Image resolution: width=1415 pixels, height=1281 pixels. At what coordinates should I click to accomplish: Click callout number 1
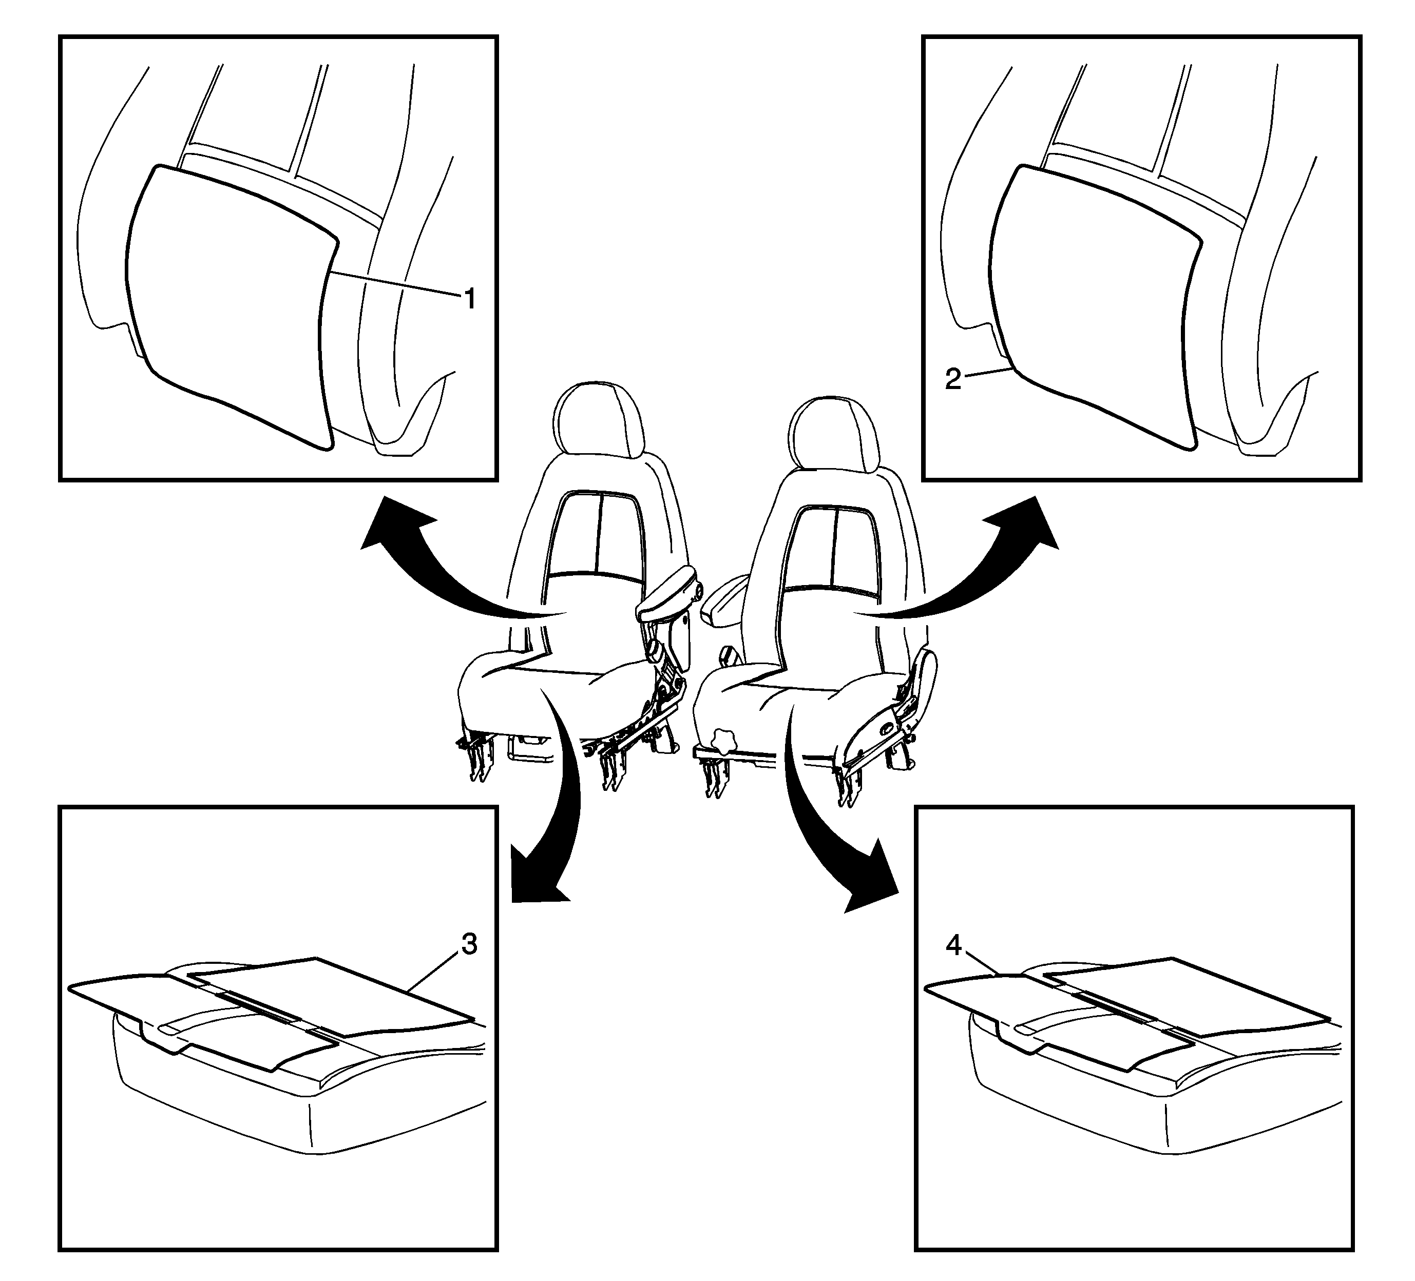[x=470, y=300]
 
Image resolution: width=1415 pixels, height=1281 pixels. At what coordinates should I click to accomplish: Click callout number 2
[x=952, y=380]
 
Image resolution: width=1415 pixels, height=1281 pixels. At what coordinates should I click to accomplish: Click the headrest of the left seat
[x=599, y=421]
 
